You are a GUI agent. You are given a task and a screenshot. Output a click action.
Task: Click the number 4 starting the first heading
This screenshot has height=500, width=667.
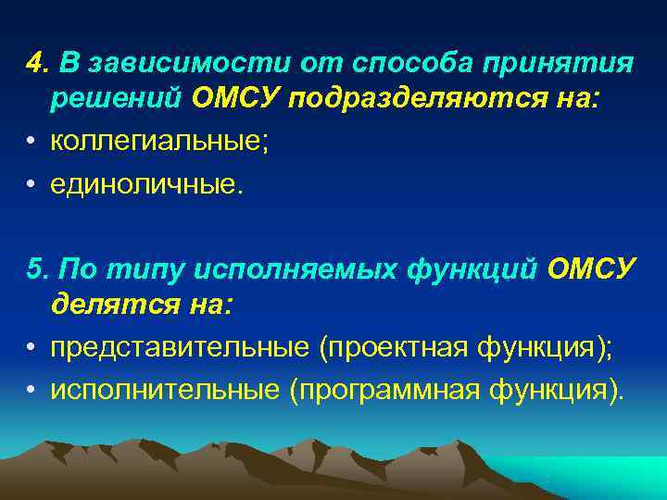tap(34, 63)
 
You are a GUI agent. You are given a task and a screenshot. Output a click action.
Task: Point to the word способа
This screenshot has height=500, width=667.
tap(409, 63)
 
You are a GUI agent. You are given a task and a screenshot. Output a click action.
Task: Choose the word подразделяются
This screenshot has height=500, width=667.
tap(410, 99)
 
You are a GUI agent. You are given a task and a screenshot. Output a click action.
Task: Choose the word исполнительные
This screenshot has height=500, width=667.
tap(166, 390)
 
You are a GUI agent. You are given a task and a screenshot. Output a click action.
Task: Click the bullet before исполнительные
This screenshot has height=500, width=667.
tap(31, 391)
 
